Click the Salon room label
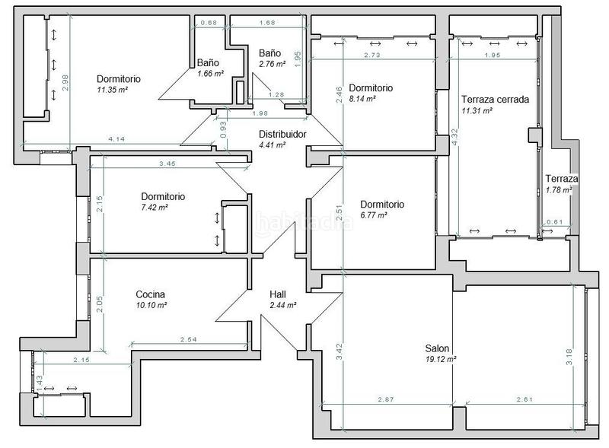tap(437, 348)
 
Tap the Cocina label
tap(150, 294)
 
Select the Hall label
tap(278, 294)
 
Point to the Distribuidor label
tap(282, 134)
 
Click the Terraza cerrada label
tap(496, 100)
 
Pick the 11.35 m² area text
tap(113, 90)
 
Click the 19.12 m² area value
tap(441, 359)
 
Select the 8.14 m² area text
tap(362, 99)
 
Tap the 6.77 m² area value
tap(374, 215)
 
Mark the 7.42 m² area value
tap(155, 208)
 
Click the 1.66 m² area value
tap(211, 73)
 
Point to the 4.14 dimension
tap(116, 138)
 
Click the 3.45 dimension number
tap(167, 164)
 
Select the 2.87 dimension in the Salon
tap(386, 399)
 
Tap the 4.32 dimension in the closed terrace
tap(455, 136)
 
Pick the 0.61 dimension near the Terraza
tap(555, 222)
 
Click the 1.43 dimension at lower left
tap(40, 383)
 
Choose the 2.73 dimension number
tap(372, 55)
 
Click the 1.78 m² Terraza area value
tap(559, 190)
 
